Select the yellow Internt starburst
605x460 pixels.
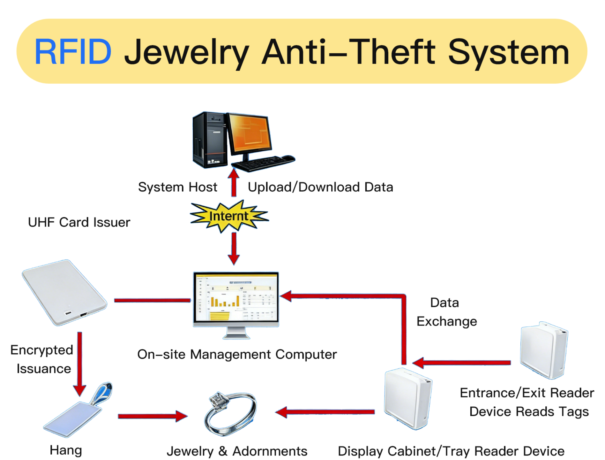coord(229,216)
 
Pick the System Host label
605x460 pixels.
coord(177,187)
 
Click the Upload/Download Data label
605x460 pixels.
coord(320,187)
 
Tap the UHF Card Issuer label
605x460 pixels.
coord(79,222)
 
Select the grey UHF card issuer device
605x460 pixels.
coord(64,292)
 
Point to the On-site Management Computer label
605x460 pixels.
coord(237,355)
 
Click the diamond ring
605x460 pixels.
coord(230,414)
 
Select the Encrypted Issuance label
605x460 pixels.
coord(42,359)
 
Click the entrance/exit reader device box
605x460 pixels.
coord(544,350)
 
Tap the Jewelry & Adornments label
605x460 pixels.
coord(237,451)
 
